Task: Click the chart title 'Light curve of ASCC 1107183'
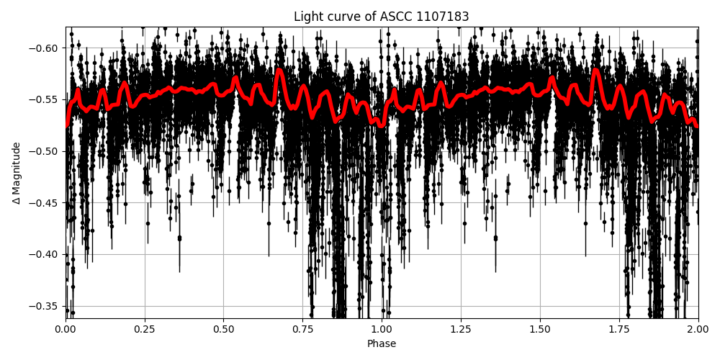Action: point(381,17)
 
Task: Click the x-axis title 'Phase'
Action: point(381,344)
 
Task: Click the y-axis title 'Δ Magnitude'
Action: point(17,173)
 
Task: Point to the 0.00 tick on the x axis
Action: point(66,330)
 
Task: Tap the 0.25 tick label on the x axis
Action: point(145,330)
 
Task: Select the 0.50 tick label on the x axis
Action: point(223,330)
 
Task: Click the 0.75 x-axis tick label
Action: point(302,330)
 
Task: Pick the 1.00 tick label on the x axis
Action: point(382,330)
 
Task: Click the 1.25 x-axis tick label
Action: point(461,330)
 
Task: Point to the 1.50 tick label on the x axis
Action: point(540,330)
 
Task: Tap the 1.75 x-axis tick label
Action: point(619,330)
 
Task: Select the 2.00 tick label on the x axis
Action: point(698,330)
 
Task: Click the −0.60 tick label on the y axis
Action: point(45,48)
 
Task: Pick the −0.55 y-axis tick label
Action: point(45,99)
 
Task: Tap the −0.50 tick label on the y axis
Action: point(45,151)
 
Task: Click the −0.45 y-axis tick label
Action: point(45,203)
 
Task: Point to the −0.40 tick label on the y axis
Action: point(45,254)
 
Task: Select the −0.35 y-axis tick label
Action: point(45,306)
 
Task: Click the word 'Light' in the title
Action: point(307,17)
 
